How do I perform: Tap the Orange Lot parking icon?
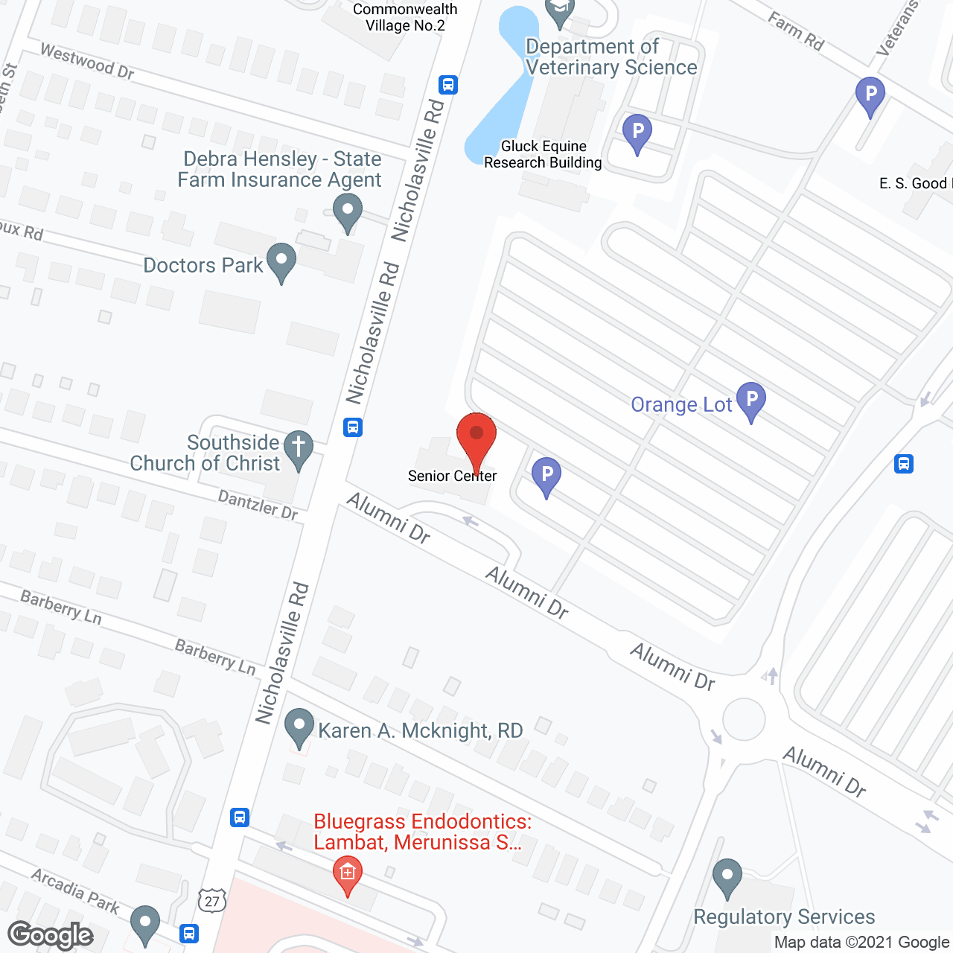pos(751,401)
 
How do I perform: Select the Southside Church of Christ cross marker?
pos(299,449)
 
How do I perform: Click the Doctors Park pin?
pos(281,261)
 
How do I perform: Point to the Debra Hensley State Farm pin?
pos(347,211)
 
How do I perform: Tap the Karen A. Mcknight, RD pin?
pos(299,727)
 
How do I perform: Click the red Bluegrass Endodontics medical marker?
pos(347,873)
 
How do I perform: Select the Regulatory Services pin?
pos(727,877)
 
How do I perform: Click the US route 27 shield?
pos(212,901)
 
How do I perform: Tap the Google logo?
pos(51,935)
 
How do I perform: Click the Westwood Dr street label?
pos(87,62)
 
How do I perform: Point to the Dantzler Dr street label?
pos(258,504)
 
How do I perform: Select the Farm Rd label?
pos(796,32)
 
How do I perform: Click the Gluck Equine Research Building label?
pos(543,155)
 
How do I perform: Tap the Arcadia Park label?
pos(75,890)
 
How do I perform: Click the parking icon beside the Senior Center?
pos(546,475)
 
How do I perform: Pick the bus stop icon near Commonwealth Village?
pos(447,85)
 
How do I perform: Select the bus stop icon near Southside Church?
pos(353,427)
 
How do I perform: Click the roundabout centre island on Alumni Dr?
pos(744,720)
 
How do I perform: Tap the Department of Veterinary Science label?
pos(611,57)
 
